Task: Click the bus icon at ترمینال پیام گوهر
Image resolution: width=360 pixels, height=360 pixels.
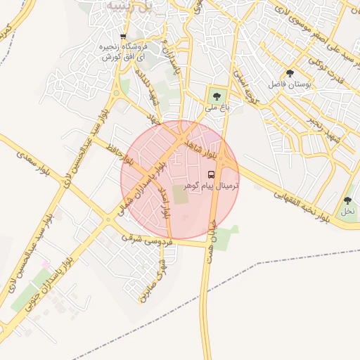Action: [x=212, y=174]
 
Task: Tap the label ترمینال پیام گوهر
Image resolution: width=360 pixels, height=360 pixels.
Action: [x=211, y=186]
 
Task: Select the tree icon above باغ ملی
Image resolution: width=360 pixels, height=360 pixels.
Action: [x=215, y=97]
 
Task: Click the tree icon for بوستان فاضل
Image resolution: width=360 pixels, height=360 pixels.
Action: [x=290, y=73]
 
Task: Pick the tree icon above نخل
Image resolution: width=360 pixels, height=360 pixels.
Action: [x=347, y=200]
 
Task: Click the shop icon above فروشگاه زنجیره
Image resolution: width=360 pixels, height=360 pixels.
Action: [x=124, y=37]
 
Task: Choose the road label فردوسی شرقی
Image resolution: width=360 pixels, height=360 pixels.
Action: [x=152, y=239]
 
